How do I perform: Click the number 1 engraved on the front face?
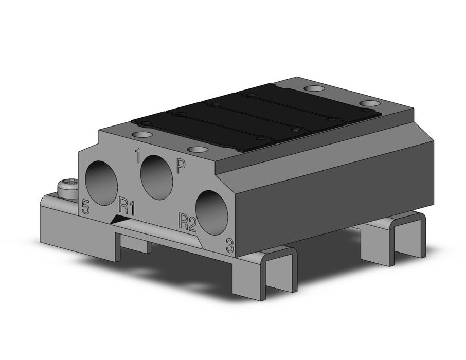pyautogui.click(x=137, y=156)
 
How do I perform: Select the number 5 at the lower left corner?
pyautogui.click(x=85, y=207)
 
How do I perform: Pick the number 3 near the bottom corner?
pyautogui.click(x=230, y=245)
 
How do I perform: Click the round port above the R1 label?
pyautogui.click(x=101, y=184)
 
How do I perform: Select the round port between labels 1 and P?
pyautogui.click(x=156, y=177)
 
